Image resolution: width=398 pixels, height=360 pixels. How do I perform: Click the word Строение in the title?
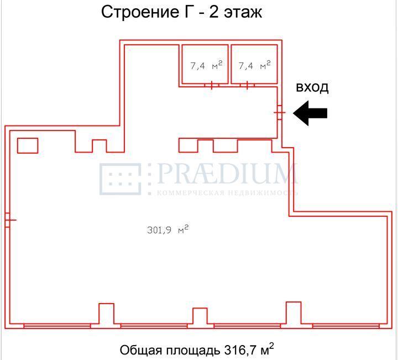point(133,12)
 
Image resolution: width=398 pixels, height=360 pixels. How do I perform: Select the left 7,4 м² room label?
point(206,66)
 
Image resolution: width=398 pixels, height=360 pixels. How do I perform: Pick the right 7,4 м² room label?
point(254,66)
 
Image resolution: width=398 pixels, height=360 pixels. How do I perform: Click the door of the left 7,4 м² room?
point(212,85)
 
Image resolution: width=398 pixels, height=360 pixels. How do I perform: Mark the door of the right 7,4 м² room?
point(247,85)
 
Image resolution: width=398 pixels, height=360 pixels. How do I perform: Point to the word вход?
point(312,87)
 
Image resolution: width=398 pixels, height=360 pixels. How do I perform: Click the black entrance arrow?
point(310,113)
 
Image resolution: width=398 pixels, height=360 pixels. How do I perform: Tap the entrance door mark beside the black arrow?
point(279,112)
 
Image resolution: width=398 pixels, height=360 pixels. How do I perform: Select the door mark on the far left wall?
point(8,220)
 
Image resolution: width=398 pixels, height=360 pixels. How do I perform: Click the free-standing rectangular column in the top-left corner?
point(28,145)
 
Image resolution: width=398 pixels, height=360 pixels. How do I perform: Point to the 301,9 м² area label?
point(168,231)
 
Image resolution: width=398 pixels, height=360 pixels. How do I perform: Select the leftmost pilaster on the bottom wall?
point(106,314)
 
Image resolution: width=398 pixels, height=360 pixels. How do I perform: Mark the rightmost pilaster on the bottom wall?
point(294,313)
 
